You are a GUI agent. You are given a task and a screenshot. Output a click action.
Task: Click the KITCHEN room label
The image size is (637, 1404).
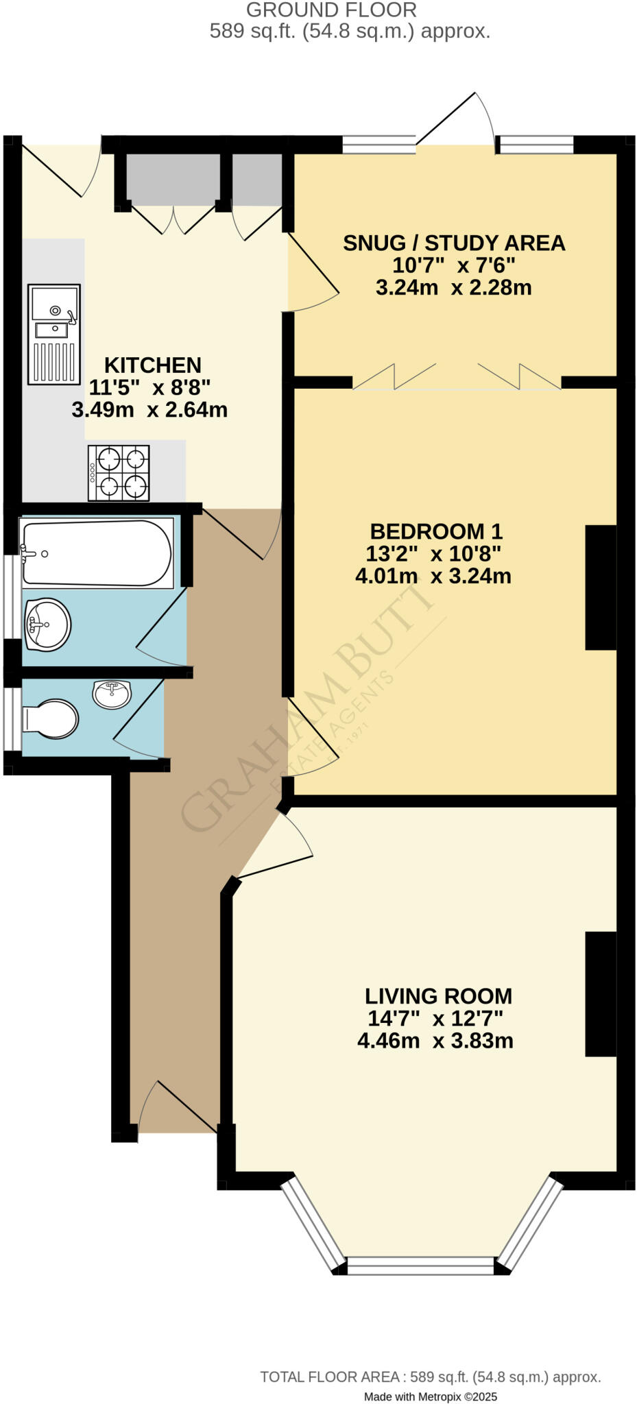(152, 365)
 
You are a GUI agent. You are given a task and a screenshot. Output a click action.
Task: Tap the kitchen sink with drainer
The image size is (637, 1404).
(53, 334)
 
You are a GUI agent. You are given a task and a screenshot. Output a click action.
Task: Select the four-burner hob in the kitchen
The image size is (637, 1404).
(119, 472)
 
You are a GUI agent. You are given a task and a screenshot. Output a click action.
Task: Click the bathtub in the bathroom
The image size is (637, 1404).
(96, 553)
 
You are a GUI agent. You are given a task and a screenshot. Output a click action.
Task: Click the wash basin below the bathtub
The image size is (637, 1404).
(47, 623)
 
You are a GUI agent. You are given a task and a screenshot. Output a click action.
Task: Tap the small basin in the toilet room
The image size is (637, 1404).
(112, 694)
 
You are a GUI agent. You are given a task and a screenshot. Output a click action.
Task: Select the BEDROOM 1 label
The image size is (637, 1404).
(436, 531)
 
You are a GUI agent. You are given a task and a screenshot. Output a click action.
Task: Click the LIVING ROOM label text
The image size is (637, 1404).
(438, 996)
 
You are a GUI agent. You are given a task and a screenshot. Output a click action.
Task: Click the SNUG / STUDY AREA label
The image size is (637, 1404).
(454, 243)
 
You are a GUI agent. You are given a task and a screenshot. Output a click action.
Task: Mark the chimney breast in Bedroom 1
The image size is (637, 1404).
(601, 587)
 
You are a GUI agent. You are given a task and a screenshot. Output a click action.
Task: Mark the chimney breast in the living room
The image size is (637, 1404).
(601, 994)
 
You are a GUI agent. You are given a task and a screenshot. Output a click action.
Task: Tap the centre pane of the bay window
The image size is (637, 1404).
(420, 1266)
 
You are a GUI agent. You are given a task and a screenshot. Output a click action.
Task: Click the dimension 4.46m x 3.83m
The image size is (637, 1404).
(435, 1041)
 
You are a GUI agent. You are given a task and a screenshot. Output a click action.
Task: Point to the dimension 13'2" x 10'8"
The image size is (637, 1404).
(434, 553)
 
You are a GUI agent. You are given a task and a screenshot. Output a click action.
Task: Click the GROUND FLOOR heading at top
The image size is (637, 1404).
(331, 10)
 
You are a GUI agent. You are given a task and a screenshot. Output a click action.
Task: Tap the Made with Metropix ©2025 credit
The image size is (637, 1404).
(430, 1396)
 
